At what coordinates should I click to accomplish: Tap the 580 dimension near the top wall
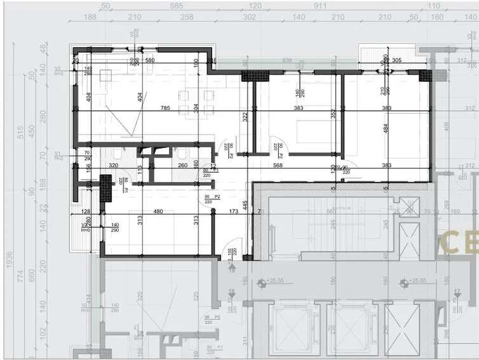[x=150, y=60]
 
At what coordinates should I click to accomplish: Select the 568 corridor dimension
[x=277, y=166]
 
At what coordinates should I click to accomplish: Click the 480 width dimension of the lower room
[x=158, y=212]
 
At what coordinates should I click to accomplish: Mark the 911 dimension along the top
[x=320, y=6]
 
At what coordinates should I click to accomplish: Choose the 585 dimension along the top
[x=177, y=6]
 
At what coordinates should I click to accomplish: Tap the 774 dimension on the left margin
[x=20, y=275]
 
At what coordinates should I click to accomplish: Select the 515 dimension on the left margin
[x=20, y=132]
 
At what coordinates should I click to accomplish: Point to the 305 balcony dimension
[x=395, y=60]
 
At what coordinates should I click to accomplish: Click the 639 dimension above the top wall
[x=287, y=61]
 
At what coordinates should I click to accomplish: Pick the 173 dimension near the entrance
[x=234, y=212]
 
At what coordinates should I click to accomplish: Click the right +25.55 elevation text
[x=417, y=280]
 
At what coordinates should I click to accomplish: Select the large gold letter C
[x=454, y=243]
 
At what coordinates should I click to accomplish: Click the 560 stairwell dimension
[x=331, y=212]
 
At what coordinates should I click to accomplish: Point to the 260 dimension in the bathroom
[x=182, y=166]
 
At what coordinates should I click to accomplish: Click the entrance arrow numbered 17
[x=457, y=292]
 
